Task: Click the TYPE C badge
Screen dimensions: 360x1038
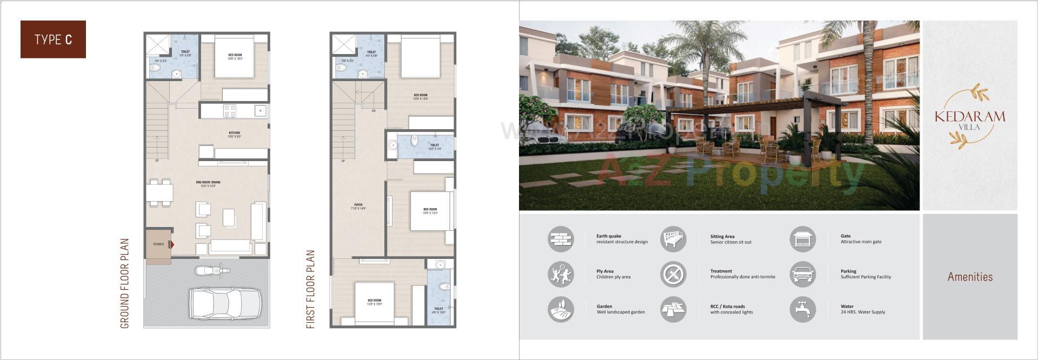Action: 53,39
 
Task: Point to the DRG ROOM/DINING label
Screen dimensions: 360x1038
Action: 208,184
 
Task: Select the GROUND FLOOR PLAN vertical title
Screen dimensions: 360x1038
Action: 125,283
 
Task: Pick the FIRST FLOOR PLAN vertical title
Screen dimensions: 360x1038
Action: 310,289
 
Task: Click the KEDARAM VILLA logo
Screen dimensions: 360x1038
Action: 970,117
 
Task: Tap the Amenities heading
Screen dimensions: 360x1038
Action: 970,277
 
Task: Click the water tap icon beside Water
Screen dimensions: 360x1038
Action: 803,309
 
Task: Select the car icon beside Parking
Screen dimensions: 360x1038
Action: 803,274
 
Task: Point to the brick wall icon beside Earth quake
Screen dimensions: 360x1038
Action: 561,239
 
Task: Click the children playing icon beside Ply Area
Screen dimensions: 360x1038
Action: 561,274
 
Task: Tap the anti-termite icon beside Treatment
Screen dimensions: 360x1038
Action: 673,274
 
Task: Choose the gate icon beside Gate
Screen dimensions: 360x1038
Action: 803,239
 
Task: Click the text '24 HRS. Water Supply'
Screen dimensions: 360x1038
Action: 863,312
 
